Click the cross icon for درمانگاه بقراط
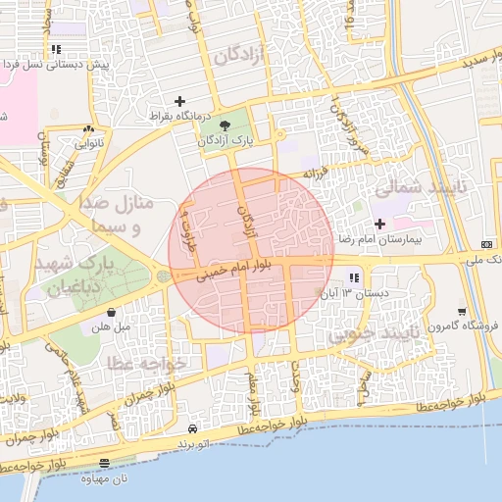[179, 101]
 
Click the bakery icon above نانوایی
[89, 128]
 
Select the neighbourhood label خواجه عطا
[142, 364]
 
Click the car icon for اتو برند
[192, 429]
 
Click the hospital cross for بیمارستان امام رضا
[379, 224]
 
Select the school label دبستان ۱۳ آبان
[359, 293]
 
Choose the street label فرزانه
[312, 173]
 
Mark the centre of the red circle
[252, 250]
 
